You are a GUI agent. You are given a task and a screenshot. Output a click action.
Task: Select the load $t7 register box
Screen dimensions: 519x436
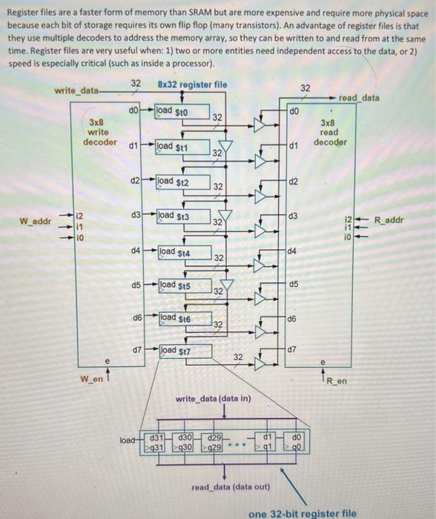pos(175,350)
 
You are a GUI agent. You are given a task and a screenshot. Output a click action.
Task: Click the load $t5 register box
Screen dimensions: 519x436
pos(175,285)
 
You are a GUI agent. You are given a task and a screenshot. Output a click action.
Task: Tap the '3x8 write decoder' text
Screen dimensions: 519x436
pos(96,131)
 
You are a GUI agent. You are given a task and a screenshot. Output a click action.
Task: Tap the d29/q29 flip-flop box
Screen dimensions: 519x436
pos(215,443)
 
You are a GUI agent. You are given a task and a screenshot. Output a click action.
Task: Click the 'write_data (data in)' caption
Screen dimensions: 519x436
pos(213,400)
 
